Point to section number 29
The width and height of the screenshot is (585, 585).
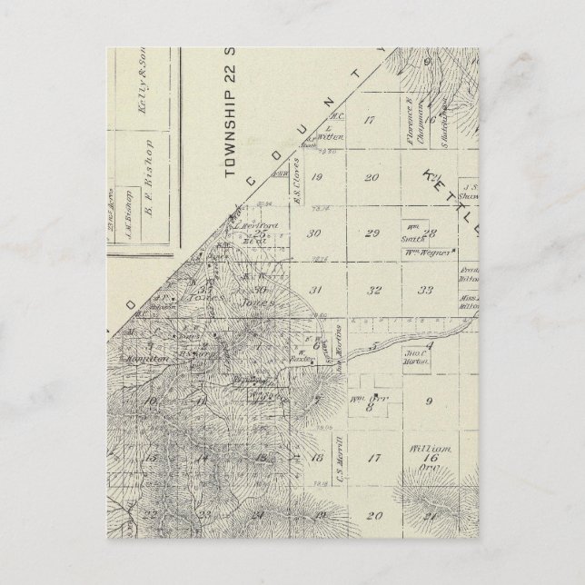point(371,233)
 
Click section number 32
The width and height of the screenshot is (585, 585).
point(373,291)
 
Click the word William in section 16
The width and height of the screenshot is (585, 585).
point(424,448)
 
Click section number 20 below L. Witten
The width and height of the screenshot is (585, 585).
point(372,177)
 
